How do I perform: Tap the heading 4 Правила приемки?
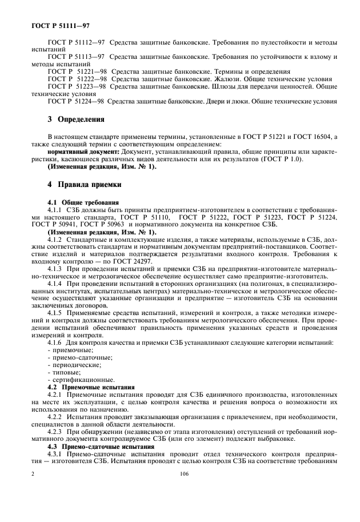pos(83,185)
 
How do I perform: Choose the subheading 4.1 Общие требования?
pos(83,202)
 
